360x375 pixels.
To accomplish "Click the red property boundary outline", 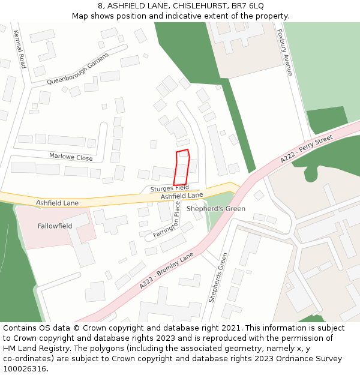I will click(x=182, y=167).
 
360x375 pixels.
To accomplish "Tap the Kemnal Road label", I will click(x=19, y=49).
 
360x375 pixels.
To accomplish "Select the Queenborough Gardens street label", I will click(x=77, y=68).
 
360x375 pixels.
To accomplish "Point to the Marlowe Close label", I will click(x=71, y=158).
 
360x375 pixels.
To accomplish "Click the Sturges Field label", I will click(x=170, y=188).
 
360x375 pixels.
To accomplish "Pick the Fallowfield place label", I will click(x=55, y=226).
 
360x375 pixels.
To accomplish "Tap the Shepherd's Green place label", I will click(x=215, y=209).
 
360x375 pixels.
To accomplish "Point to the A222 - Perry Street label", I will click(x=306, y=149).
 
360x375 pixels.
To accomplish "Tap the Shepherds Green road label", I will click(x=218, y=277).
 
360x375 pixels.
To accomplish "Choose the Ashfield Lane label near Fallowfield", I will click(x=57, y=203).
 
